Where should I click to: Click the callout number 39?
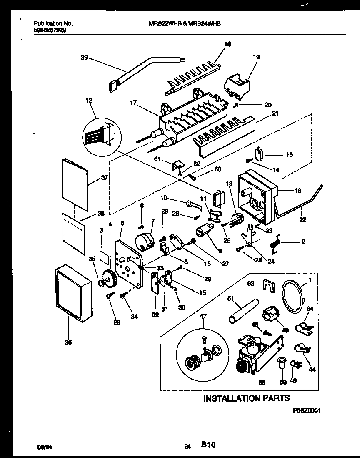pyautogui.click(x=83, y=58)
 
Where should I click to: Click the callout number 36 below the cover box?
pyautogui.click(x=68, y=342)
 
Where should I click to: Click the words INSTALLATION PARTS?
pyautogui.click(x=246, y=398)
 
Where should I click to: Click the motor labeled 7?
pyautogui.click(x=144, y=242)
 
